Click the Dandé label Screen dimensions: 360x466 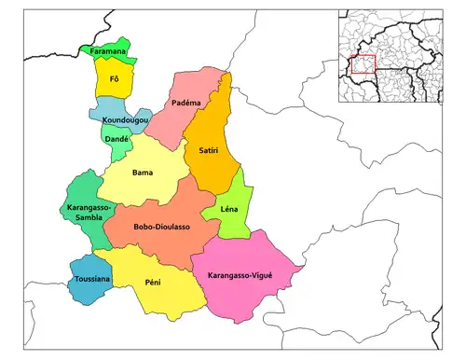point(116,139)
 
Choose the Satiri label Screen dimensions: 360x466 point(210,149)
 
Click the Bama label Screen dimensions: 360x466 point(143,173)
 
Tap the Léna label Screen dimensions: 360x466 point(229,209)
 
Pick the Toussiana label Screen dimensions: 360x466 point(93,279)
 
